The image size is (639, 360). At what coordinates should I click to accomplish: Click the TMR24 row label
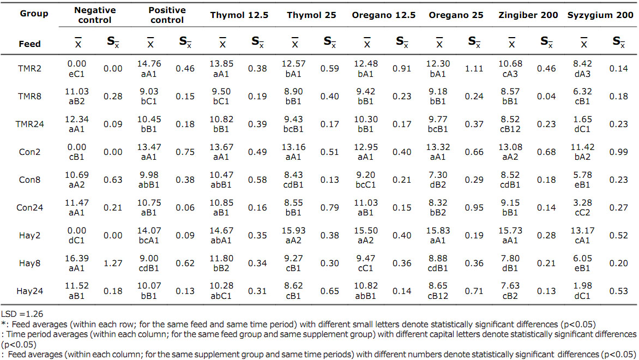coord(31,124)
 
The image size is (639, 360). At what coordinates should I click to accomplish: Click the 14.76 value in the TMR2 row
coord(150,64)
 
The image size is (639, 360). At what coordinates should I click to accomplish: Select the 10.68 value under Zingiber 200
coord(511,64)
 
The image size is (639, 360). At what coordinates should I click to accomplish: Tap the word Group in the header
coord(34,14)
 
